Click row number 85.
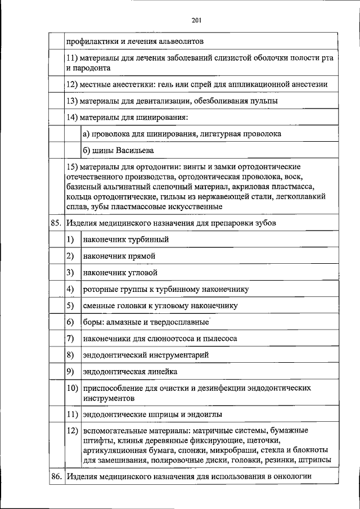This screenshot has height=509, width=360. (x=55, y=223)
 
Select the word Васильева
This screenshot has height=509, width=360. (x=135, y=151)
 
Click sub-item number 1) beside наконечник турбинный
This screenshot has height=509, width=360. (x=70, y=239)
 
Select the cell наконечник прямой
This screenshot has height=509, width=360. (x=119, y=256)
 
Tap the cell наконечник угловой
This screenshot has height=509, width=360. (x=120, y=273)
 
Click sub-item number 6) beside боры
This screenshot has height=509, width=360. (x=70, y=322)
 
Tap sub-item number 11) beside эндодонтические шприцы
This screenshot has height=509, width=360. (x=72, y=415)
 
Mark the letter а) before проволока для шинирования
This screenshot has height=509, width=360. (x=87, y=134)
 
